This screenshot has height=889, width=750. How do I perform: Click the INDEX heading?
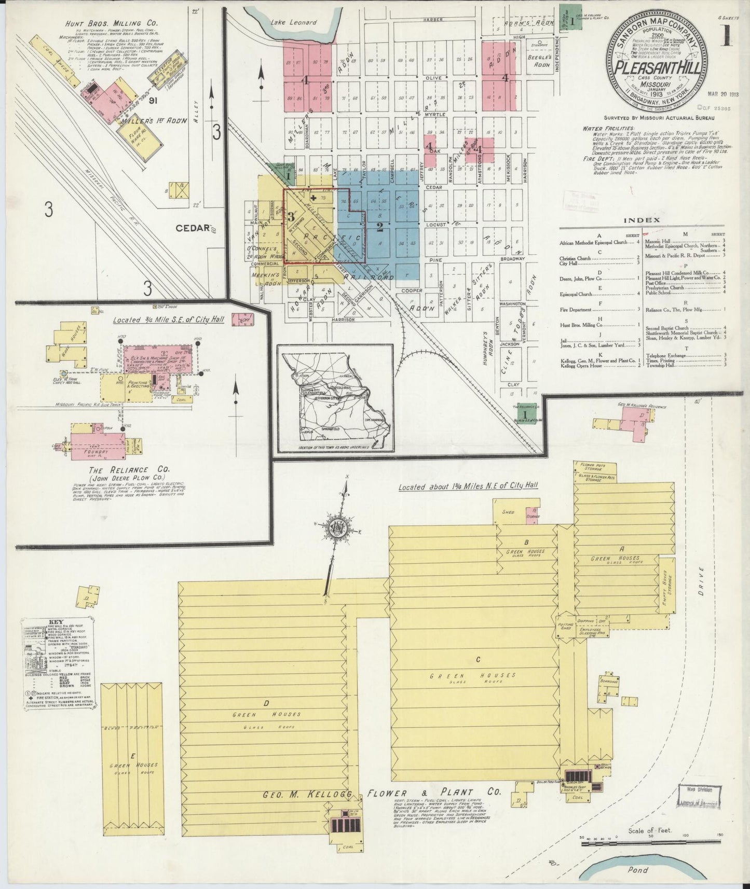coord(642,220)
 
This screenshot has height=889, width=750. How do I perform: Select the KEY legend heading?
coord(56,622)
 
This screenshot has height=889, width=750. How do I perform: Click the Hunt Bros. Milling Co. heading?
coord(105,23)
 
